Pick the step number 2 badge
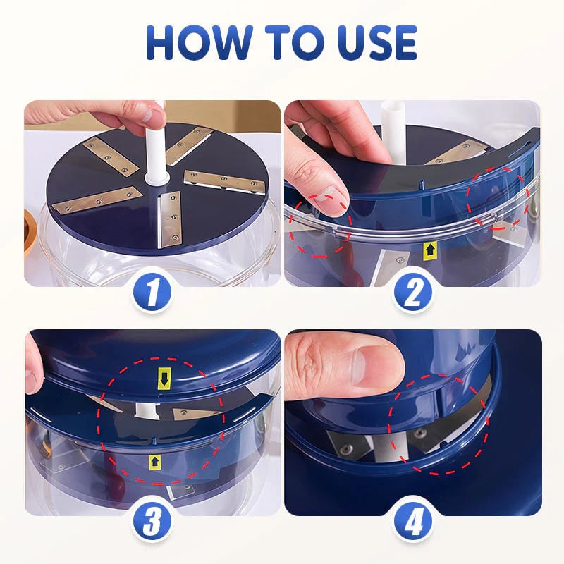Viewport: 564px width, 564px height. coord(412,292)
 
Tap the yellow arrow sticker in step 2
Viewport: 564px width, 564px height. coord(429,248)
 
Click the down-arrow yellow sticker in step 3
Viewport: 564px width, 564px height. coord(164,380)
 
